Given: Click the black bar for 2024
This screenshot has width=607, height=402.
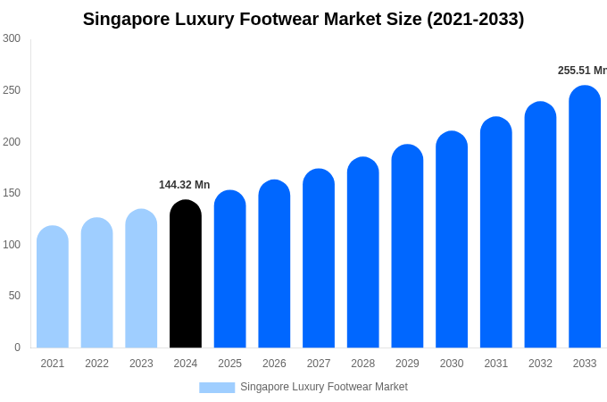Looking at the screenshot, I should tap(186, 274).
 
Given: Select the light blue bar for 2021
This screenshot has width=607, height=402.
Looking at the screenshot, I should tap(53, 287).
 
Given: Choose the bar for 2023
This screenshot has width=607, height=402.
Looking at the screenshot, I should tap(141, 279).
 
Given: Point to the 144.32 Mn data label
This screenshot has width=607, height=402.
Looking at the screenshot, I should tap(185, 185).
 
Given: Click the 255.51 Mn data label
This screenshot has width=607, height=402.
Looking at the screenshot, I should tap(582, 71).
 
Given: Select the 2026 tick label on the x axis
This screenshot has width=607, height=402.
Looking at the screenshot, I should tap(274, 364).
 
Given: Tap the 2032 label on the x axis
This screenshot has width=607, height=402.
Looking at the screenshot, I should tap(540, 364).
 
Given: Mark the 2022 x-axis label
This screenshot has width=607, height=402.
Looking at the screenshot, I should tap(97, 364).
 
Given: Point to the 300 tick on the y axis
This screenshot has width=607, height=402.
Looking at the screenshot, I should tap(12, 38).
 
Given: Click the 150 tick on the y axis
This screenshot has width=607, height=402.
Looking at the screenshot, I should tap(12, 193).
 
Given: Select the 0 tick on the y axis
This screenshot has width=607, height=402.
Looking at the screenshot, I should tap(17, 348).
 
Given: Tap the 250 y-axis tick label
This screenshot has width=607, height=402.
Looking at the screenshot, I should tap(12, 90).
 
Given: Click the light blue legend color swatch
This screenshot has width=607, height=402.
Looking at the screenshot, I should tap(217, 388).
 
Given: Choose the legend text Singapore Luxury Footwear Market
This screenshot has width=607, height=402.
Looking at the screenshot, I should tap(323, 387).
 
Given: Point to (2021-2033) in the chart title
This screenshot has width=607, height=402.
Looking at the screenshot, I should tap(475, 19).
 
